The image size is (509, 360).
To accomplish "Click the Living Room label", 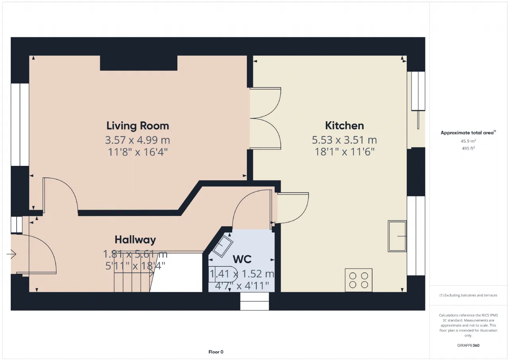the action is (x=138, y=126).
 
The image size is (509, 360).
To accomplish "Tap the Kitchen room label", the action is (x=344, y=126).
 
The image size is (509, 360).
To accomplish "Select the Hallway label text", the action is (x=135, y=240).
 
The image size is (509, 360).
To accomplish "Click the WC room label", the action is (x=242, y=259).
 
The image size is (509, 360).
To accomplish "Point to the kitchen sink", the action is (x=397, y=236).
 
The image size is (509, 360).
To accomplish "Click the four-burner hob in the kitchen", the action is (x=359, y=280).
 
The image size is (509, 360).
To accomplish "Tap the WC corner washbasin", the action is (x=222, y=246).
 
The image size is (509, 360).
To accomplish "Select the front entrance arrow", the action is (x=12, y=254).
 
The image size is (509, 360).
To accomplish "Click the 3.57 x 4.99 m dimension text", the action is (x=138, y=140).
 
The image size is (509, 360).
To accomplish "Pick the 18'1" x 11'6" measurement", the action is (x=344, y=152).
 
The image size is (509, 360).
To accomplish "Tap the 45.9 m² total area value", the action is (x=468, y=141).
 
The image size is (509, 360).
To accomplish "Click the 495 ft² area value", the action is (x=468, y=148).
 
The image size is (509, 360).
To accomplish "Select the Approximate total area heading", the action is (x=468, y=133).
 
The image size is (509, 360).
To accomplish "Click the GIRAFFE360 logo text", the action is (x=468, y=345).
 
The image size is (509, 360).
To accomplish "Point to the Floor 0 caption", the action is (x=216, y=352).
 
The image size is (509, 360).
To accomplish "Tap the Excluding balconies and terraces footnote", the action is (x=468, y=295).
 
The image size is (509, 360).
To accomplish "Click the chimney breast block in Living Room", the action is (x=139, y=63).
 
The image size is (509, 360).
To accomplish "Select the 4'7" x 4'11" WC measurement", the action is (x=242, y=286).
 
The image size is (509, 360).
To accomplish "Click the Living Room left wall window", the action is (x=20, y=125).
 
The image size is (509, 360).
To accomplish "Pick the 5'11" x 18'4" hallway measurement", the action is (x=135, y=266).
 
